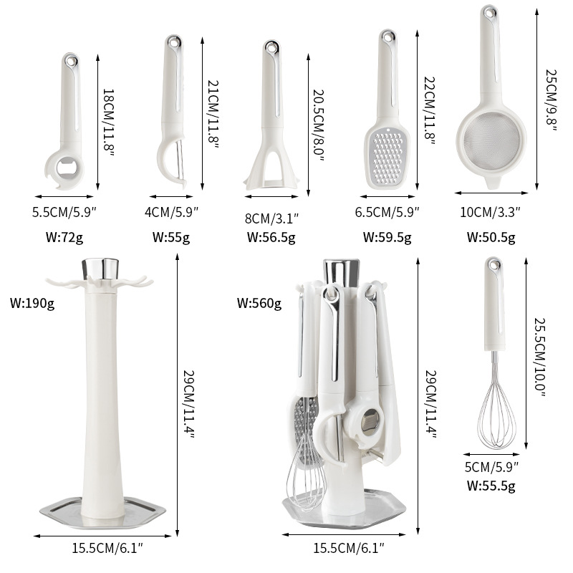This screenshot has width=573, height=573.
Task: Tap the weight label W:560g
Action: (259, 303)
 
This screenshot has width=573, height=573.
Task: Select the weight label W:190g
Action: (32, 303)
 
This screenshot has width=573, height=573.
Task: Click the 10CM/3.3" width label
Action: (491, 211)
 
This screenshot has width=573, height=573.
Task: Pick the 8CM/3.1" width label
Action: (272, 216)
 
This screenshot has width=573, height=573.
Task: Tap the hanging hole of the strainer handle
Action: (491, 13)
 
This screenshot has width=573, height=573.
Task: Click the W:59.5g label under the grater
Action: (387, 236)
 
